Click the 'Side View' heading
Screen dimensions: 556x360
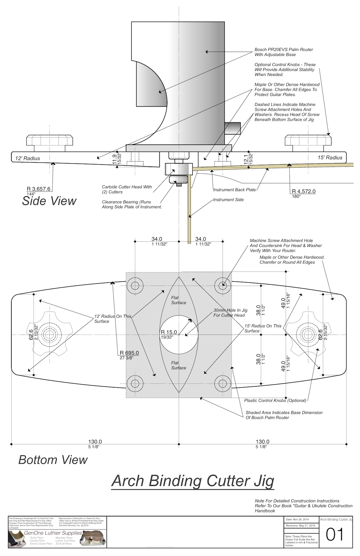pyautogui.click(x=49, y=201)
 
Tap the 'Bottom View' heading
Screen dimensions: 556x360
pyautogui.click(x=53, y=460)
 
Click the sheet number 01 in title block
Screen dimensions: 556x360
pyautogui.click(x=334, y=534)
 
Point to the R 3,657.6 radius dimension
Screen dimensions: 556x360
pyautogui.click(x=39, y=189)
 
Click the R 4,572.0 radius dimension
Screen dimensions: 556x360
pyautogui.click(x=304, y=191)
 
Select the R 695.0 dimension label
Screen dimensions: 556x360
pyautogui.click(x=129, y=353)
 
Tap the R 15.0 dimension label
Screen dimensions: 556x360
pyautogui.click(x=169, y=332)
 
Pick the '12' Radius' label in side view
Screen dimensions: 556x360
pyautogui.click(x=28, y=158)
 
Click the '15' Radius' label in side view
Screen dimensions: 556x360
pyautogui.click(x=330, y=158)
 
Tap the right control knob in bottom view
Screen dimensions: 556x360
pyautogui.click(x=307, y=334)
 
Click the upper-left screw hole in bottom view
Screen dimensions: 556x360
pyautogui.click(x=135, y=285)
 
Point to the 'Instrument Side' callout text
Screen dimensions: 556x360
pyautogui.click(x=228, y=200)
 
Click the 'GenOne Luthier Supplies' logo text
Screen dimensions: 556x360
pyautogui.click(x=53, y=533)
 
